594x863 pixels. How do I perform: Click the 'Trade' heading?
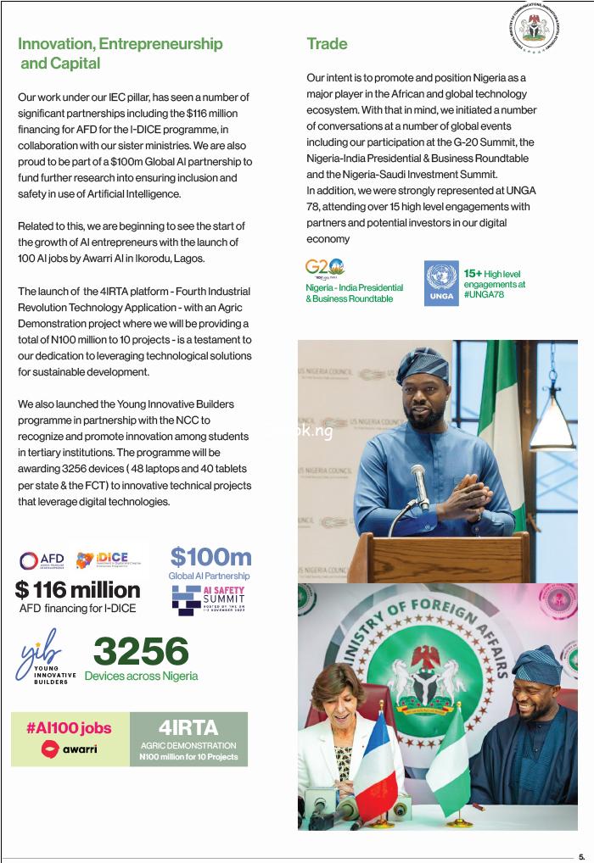(327, 44)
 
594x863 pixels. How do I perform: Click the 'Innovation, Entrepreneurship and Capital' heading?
(120, 53)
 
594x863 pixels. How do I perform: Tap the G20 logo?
(324, 269)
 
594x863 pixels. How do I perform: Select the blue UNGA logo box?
(441, 283)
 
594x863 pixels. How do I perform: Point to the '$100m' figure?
(210, 557)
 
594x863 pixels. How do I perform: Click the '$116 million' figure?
(77, 589)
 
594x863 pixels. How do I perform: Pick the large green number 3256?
(141, 651)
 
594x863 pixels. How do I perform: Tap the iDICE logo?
(109, 560)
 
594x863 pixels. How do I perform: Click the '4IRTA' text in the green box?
(188, 727)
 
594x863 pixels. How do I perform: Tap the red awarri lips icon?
(51, 749)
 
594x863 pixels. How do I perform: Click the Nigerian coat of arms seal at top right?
(535, 31)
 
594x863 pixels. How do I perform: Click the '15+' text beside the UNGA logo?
(473, 273)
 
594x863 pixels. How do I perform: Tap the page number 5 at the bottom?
(581, 856)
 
